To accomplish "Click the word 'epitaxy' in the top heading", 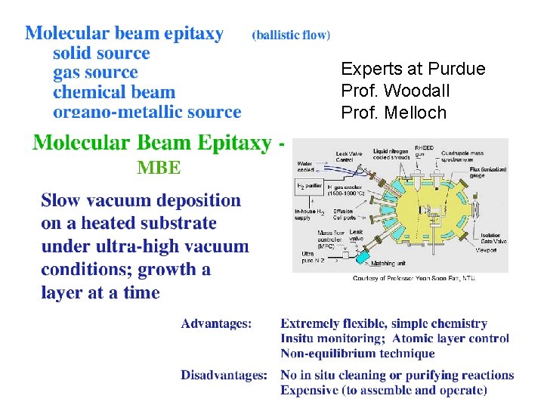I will pos(188,34).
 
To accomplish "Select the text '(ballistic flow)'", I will pos(291,35).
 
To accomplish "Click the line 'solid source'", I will pos(101,54).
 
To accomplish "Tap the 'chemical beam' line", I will pos(114,93).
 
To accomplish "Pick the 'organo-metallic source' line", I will pos(147,113).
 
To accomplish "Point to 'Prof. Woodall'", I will pos(395,91).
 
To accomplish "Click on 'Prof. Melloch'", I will pos(394,113).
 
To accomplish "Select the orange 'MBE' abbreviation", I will pos(159,168).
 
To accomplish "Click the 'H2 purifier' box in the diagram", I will pos(310,185).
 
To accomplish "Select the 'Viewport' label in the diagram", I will pos(487,249).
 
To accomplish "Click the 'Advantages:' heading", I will pos(215,324).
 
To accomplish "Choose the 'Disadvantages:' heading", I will pos(224,375).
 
